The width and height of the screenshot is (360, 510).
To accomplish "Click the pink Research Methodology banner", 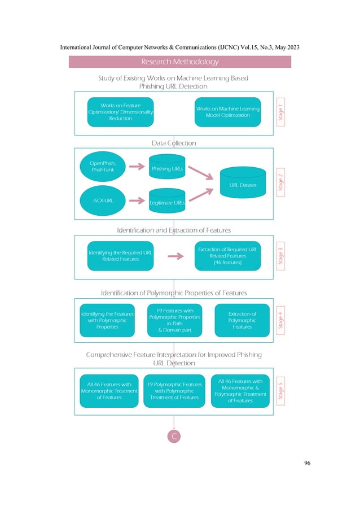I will click(x=179, y=62).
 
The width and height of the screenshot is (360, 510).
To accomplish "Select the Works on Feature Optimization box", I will click(x=120, y=112).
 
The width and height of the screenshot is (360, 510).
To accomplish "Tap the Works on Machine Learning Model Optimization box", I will click(x=228, y=112).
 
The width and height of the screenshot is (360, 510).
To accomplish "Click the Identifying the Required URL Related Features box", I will click(x=121, y=256).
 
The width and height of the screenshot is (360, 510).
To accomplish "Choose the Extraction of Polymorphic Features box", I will click(x=242, y=320).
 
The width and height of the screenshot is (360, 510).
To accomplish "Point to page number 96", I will click(x=307, y=464).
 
